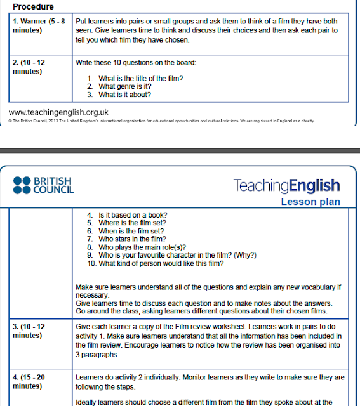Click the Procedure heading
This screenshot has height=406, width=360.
click(33, 6)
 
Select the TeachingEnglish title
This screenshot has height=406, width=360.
click(286, 186)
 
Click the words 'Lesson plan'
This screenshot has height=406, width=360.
click(310, 202)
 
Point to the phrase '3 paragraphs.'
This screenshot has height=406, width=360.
click(98, 357)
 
